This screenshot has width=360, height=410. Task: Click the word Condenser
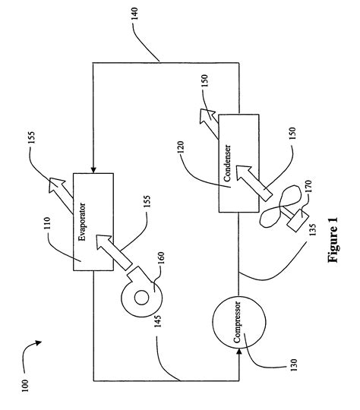click(x=227, y=163)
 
